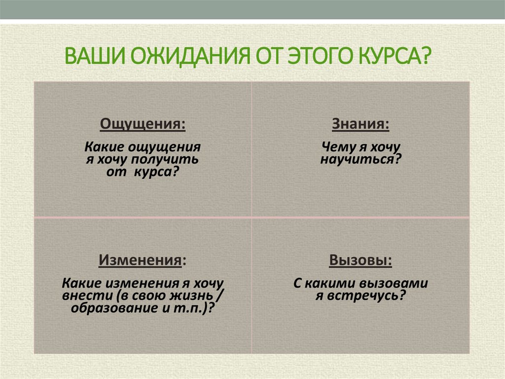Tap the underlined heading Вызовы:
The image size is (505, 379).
click(361, 260)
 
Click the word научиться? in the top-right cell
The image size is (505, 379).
click(361, 159)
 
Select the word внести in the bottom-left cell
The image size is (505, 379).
click(81, 295)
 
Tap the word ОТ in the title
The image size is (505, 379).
click(270, 55)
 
